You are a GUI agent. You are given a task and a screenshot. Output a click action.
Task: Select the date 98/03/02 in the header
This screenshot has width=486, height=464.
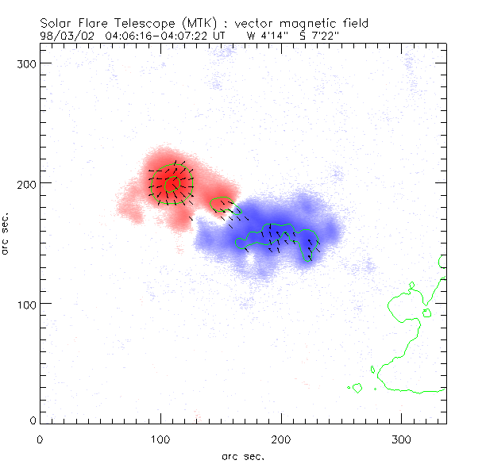[67, 36]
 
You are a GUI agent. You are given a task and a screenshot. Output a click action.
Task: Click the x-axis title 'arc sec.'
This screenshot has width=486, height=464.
[243, 456]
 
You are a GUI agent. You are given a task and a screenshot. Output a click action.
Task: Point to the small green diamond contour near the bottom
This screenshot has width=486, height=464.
[357, 389]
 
